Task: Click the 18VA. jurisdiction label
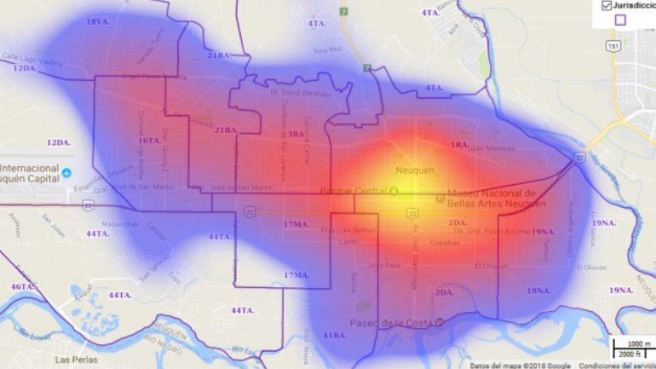98,21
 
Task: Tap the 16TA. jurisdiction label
150,141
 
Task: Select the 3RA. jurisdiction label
296,134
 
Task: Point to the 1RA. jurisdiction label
460,145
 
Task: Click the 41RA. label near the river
335,335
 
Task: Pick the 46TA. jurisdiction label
23,286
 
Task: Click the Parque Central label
348,190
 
